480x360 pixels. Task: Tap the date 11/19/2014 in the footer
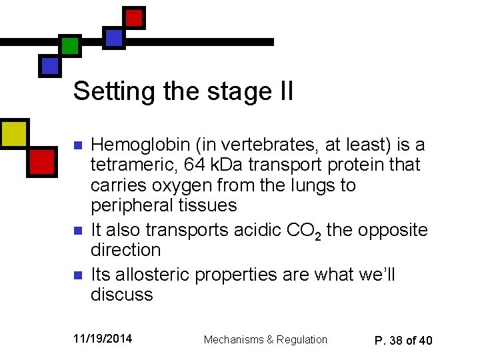pos(103,339)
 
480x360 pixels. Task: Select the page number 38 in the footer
pos(397,340)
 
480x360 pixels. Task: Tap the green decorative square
pos(69,45)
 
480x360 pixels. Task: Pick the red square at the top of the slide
pos(135,17)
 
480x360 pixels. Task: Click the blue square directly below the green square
pos(50,65)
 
